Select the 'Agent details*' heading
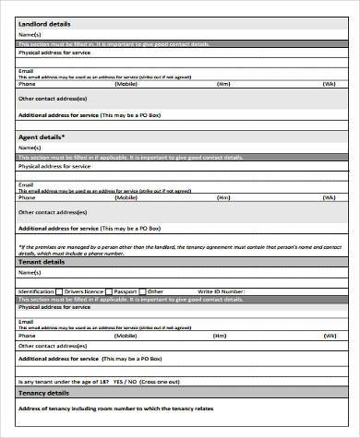click(x=42, y=136)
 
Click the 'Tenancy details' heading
click(x=43, y=394)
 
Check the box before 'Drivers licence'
click(x=60, y=291)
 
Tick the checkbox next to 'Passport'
click(x=109, y=291)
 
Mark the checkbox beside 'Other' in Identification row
click(x=144, y=291)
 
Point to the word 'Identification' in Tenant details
click(x=36, y=291)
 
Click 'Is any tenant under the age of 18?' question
click(x=64, y=381)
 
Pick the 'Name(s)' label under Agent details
click(x=30, y=148)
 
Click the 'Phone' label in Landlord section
click(x=27, y=83)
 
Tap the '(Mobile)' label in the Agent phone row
click(x=126, y=197)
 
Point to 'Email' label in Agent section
click(x=26, y=184)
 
